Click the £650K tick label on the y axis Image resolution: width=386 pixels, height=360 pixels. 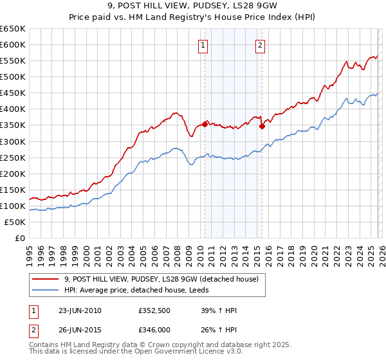pyautogui.click(x=13, y=29)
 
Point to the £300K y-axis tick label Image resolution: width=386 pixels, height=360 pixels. pyautogui.click(x=13, y=141)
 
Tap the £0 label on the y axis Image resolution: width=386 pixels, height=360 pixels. pyautogui.click(x=20, y=239)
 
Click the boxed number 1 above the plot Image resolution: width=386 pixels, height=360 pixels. pyautogui.click(x=203, y=45)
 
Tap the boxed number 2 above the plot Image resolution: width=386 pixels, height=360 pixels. pyautogui.click(x=261, y=45)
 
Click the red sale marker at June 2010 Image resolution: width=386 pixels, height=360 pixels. pyautogui.click(x=205, y=124)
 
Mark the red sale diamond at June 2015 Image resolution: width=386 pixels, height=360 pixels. pyautogui.click(x=262, y=127)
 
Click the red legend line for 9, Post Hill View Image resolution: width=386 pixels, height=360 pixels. pyautogui.click(x=45, y=279)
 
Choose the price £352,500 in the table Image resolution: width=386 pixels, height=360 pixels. pyautogui.click(x=153, y=311)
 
